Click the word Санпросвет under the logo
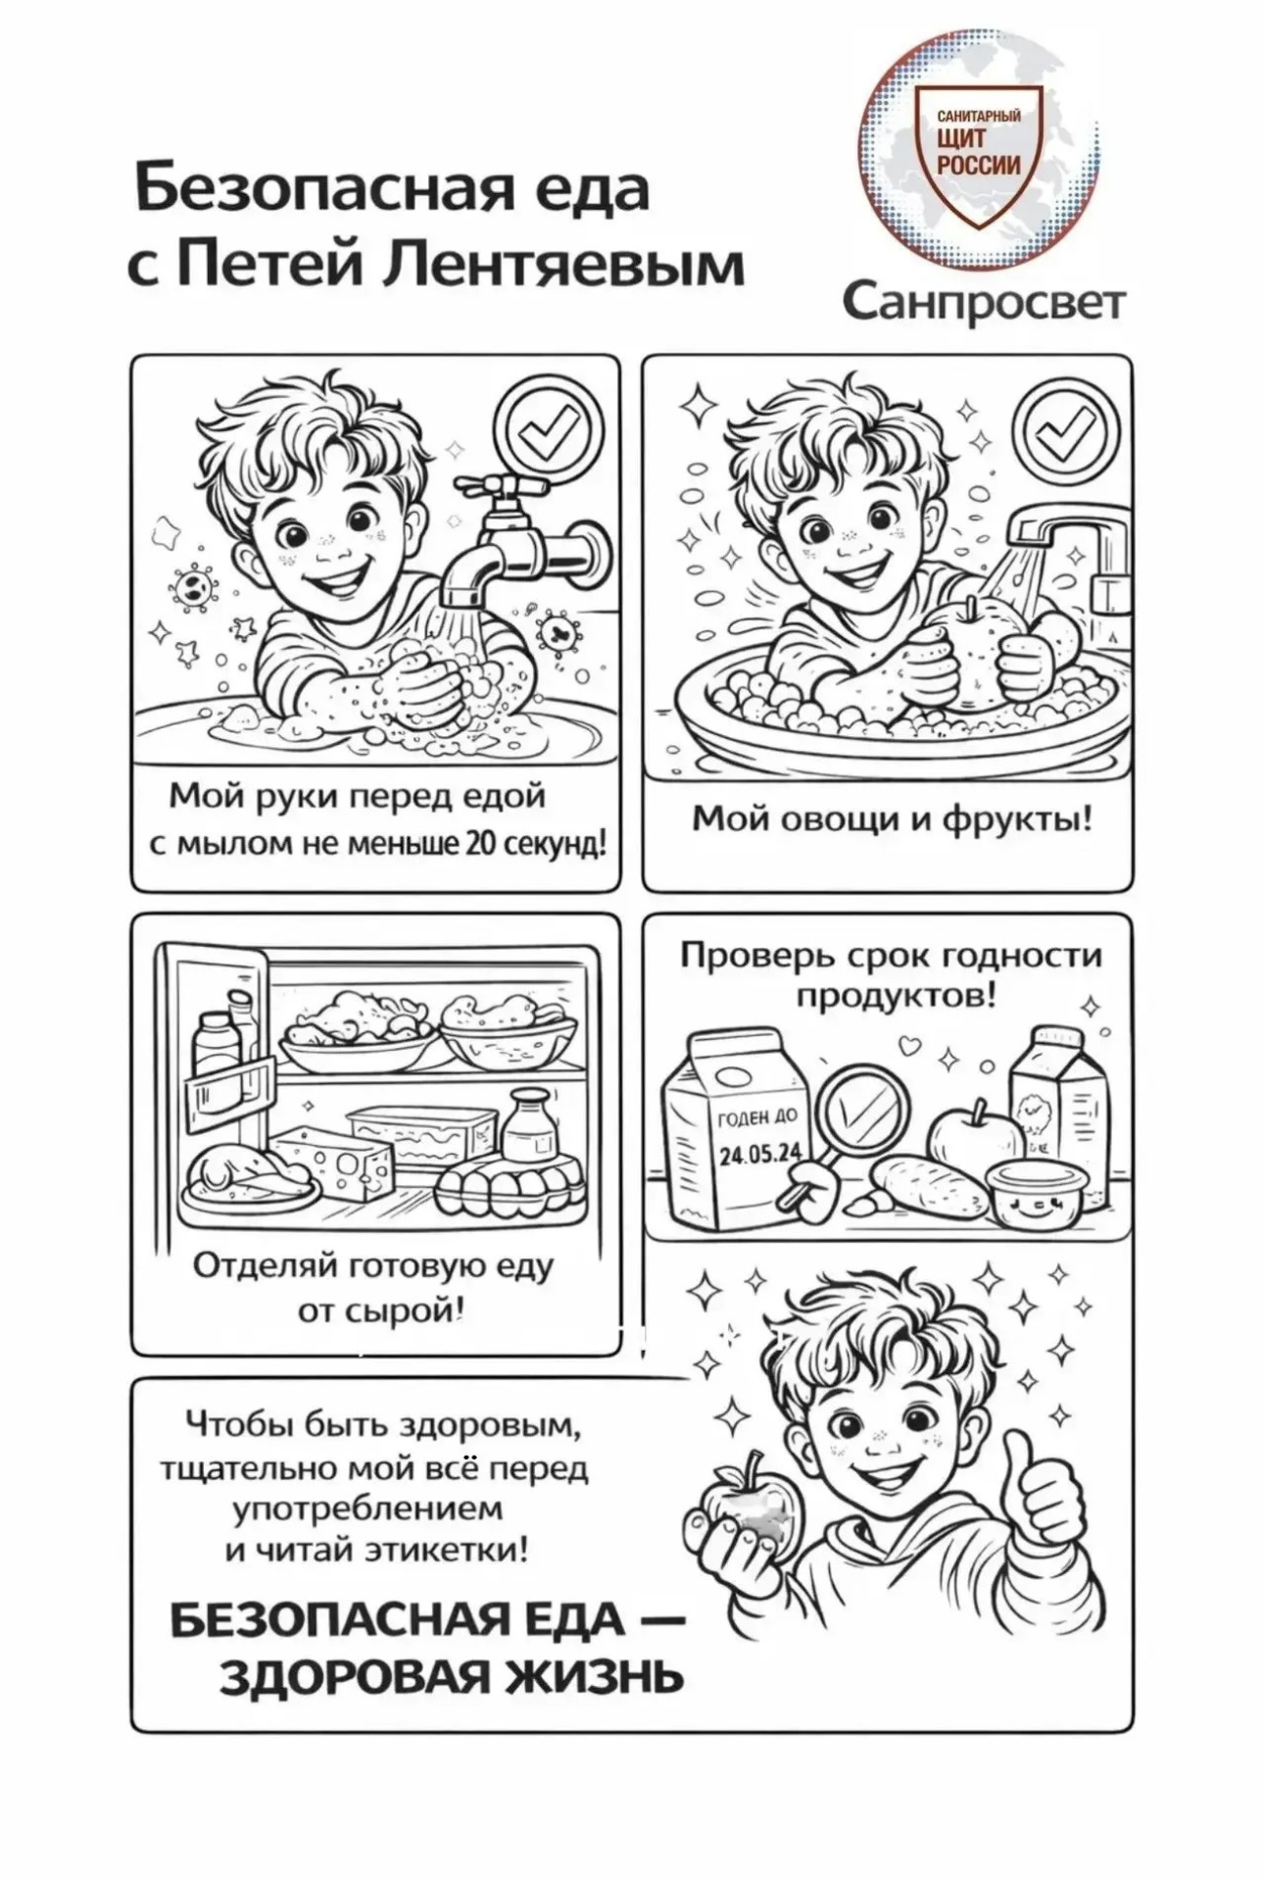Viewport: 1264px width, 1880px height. (983, 303)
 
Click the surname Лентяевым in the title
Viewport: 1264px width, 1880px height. (561, 264)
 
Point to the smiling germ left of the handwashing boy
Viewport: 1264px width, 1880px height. (192, 585)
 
